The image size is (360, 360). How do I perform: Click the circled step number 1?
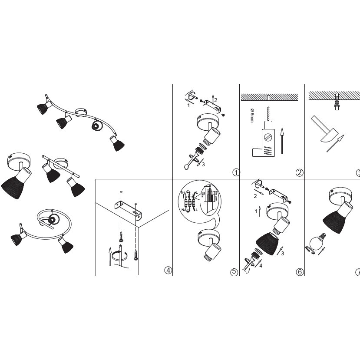point(236,172)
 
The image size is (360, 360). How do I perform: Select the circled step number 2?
point(299,172)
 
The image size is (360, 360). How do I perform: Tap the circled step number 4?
point(168,270)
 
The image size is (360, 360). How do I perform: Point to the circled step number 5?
point(234,272)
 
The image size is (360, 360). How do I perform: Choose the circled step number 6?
point(299,272)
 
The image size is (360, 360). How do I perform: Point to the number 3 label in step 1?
point(202,164)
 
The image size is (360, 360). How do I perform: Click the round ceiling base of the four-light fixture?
point(81,112)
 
